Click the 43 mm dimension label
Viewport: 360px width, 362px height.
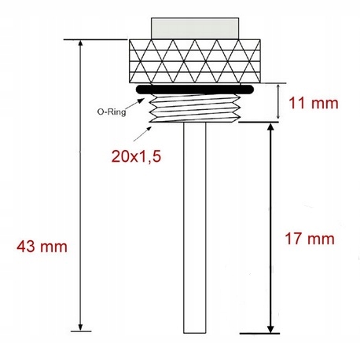point(42,247)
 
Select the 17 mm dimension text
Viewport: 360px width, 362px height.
point(310,239)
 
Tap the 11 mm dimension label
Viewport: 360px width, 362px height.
point(314,103)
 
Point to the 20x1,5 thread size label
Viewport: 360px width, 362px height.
point(136,157)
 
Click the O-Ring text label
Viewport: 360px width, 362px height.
point(112,112)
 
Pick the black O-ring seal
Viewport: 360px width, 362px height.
point(195,89)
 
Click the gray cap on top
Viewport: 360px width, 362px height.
point(195,28)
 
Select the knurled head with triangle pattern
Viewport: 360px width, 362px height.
point(195,61)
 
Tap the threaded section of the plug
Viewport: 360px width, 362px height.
point(195,108)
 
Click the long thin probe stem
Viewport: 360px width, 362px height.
point(195,228)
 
